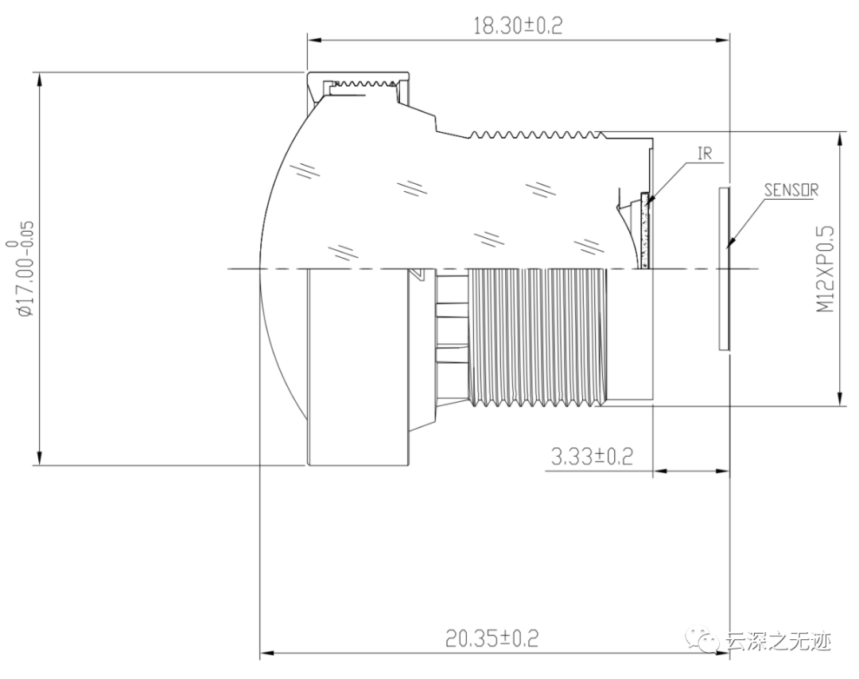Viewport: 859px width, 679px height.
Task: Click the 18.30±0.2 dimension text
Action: [517, 25]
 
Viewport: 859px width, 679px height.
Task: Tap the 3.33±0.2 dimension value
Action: [592, 456]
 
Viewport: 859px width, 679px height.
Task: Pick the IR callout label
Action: [705, 153]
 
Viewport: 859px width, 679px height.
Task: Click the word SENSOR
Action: [791, 190]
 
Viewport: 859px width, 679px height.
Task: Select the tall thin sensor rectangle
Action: [723, 268]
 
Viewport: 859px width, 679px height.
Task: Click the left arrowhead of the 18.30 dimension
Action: [313, 37]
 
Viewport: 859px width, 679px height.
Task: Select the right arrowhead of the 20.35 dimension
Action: [723, 654]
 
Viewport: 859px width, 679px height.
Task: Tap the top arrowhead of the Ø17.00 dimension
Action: [37, 78]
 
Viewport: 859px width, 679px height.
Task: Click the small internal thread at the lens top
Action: [362, 84]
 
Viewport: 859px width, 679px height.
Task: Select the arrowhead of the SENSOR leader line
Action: [731, 243]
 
